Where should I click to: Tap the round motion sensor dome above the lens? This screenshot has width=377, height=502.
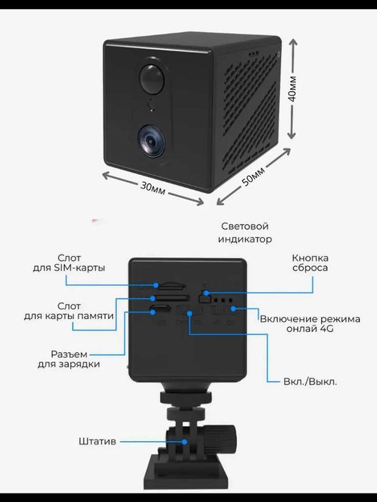pos(152,79)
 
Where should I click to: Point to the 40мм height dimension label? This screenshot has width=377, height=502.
pos(292,89)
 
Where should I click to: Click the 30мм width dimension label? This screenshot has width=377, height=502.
pos(152,188)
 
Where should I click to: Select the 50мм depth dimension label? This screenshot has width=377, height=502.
pos(253,176)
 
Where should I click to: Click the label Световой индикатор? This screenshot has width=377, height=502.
pos(245,233)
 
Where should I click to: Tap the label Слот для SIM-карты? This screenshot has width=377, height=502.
pos(69,263)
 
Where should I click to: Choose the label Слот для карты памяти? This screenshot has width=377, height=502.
pos(69,311)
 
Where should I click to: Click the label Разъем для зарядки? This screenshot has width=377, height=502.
pos(69,359)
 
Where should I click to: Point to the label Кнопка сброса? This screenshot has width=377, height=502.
pos(310,263)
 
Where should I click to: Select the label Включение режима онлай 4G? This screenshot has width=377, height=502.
pos(310,323)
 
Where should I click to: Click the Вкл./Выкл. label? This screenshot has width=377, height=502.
pos(310,382)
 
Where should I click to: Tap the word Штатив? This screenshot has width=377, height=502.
pos(97,441)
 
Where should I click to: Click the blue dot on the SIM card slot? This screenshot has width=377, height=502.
pos(156,285)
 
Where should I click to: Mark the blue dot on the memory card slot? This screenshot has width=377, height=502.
pos(152,298)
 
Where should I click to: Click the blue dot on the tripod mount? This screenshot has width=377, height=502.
pos(185,442)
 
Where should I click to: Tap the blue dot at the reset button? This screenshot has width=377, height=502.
pos(207,293)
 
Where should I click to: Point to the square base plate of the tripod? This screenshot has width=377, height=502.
pos(186,473)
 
